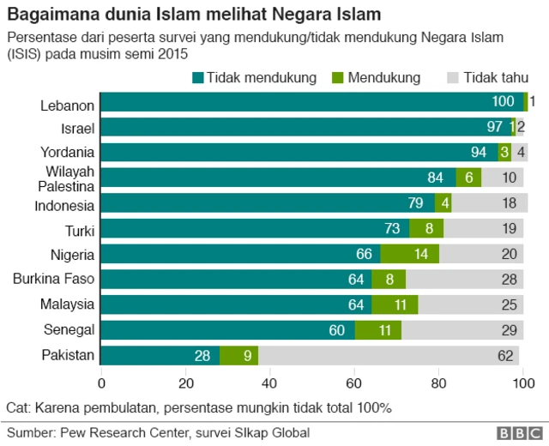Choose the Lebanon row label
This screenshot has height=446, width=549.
click(x=67, y=105)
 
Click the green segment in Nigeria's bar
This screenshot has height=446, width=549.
click(x=409, y=254)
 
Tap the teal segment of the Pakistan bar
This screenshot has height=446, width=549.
click(x=160, y=356)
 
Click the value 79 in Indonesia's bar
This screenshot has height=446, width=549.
click(x=416, y=204)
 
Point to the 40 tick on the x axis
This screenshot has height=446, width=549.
click(x=270, y=383)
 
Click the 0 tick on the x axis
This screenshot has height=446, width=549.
click(x=102, y=383)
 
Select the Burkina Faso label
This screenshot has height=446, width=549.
click(x=53, y=279)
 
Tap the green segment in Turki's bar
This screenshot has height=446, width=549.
click(x=426, y=229)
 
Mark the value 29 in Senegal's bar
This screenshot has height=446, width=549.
click(x=509, y=330)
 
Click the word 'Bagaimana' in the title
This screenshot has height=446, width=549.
click(x=48, y=15)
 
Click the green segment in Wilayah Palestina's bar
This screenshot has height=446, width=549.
click(x=468, y=178)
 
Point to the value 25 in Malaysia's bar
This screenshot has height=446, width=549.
click(x=509, y=304)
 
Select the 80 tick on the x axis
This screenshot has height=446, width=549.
click(x=438, y=383)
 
